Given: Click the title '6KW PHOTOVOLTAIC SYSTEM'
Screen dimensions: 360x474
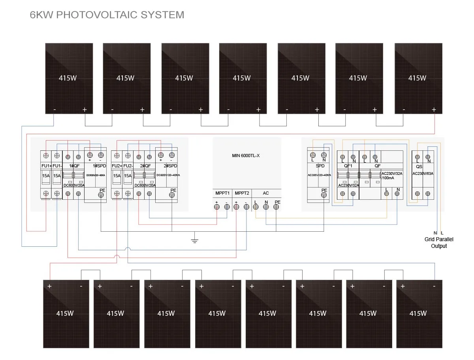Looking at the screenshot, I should point(107,15).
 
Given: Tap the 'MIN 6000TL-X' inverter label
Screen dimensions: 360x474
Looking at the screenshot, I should point(246,156).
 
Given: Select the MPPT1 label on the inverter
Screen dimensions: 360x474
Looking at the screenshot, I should point(222,193).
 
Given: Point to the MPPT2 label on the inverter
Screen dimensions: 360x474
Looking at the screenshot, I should point(242,193).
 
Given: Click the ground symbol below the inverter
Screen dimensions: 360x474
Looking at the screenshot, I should point(194,240).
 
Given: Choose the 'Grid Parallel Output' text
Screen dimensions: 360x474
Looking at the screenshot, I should point(439,242).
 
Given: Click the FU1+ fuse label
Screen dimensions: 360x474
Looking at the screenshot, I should point(46,166).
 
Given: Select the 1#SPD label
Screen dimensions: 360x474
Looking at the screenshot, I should point(95,166).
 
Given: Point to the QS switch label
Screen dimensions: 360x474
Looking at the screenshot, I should point(419,166).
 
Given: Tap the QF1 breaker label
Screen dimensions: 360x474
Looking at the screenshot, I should point(348,166).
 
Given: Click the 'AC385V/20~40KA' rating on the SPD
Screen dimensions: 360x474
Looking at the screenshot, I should point(320,174).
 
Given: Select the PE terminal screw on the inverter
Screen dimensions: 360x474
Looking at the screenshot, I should point(277,207).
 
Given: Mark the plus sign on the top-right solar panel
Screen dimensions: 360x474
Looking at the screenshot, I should point(434,109).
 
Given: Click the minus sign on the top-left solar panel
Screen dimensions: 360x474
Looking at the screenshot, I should point(55,109).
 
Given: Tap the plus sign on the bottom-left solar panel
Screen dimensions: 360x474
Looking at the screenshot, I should point(50,286).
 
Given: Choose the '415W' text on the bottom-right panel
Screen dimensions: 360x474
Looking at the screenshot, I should point(418,313).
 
